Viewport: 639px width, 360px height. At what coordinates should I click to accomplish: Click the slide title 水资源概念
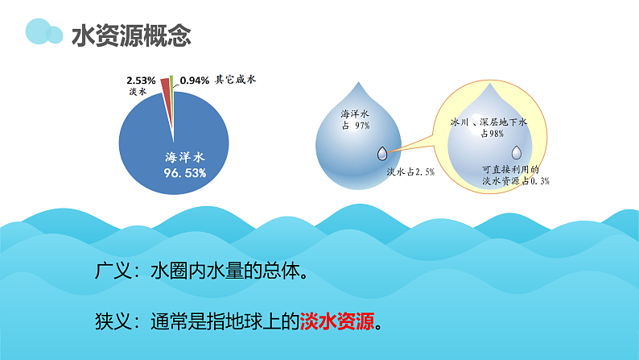[x=131, y=35]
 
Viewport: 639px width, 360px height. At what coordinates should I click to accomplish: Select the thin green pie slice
[x=172, y=84]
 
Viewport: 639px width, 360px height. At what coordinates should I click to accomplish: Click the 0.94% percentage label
[x=195, y=81]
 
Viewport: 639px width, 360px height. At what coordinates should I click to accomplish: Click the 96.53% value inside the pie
[x=175, y=172]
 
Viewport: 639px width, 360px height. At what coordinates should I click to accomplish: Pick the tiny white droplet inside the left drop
[x=381, y=152]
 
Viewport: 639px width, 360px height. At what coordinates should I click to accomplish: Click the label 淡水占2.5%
[x=411, y=172]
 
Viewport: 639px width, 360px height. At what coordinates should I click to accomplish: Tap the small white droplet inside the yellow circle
[x=517, y=151]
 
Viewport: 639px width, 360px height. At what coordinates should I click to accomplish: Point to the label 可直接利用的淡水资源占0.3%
[x=515, y=176]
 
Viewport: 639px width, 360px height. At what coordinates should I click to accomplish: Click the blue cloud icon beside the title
[x=43, y=32]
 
